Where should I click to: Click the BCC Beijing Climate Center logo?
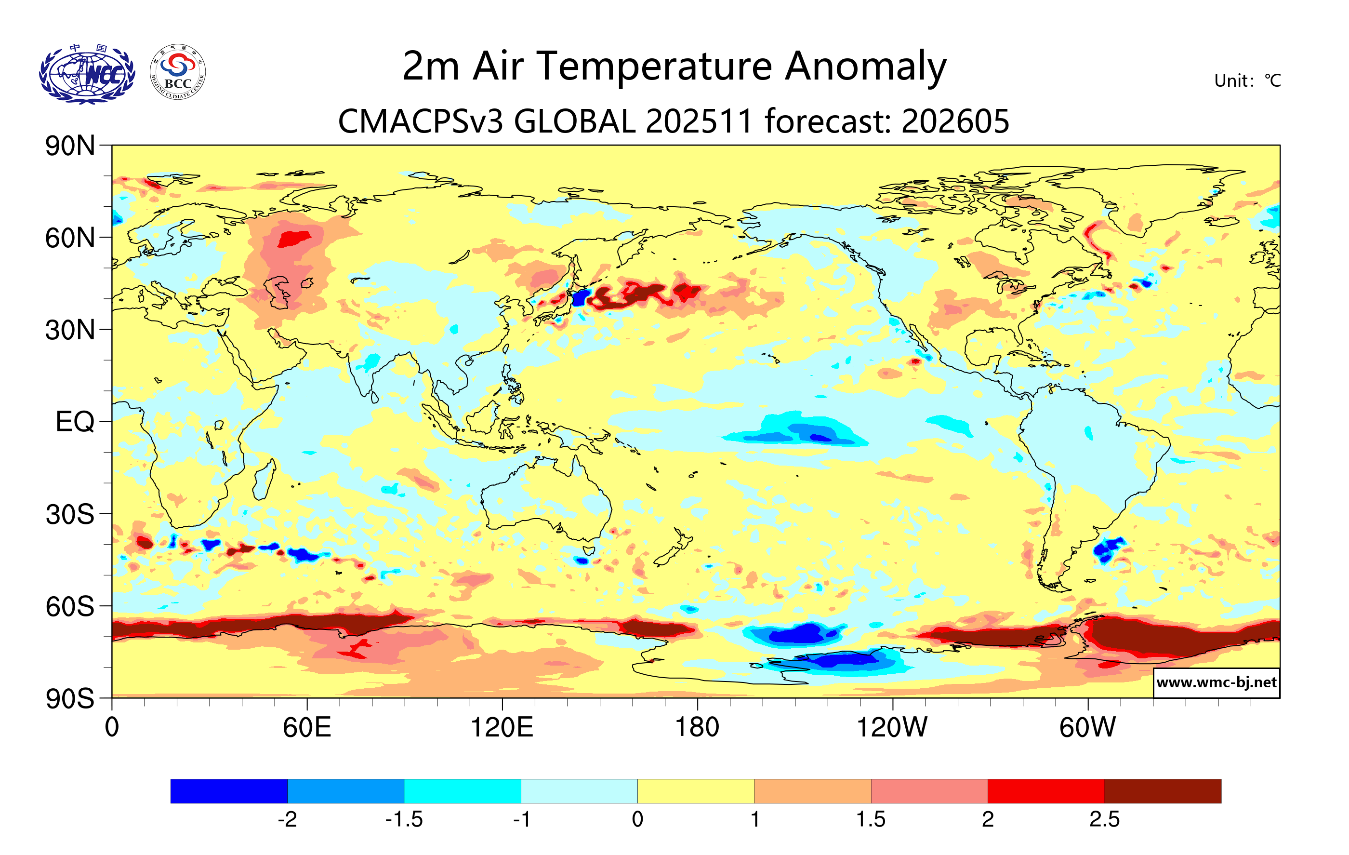[178, 72]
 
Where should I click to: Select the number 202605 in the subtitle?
[955, 121]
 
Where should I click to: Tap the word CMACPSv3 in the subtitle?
[420, 121]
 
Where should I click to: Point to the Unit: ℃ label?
[1247, 80]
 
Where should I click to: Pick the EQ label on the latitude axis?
[75, 422]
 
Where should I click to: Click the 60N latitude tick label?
[70, 238]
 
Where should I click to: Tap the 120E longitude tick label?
[502, 728]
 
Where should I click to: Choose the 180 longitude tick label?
[697, 728]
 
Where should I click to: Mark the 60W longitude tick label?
[1087, 728]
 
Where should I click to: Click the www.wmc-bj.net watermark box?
[1216, 682]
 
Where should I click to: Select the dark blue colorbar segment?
[228, 791]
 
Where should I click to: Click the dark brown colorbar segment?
[1163, 791]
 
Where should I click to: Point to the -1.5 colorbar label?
[404, 820]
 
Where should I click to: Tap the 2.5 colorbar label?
[1104, 820]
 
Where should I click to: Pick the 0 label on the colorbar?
[637, 820]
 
